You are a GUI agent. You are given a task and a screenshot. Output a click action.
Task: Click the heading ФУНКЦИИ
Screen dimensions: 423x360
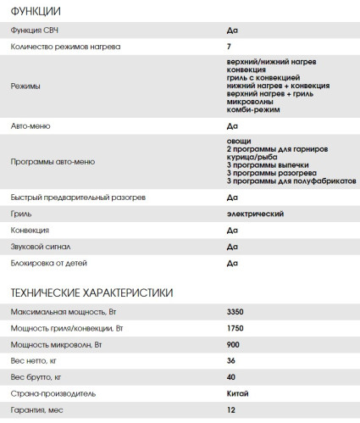[35, 11]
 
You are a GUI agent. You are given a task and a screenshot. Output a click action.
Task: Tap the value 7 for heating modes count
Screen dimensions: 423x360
[230, 47]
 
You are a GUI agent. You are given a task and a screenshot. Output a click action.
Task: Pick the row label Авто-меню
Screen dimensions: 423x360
[31, 125]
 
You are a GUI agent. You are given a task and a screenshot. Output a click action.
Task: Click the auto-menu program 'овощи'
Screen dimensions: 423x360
[240, 142]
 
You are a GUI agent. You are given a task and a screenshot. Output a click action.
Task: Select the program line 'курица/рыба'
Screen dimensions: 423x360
[253, 157]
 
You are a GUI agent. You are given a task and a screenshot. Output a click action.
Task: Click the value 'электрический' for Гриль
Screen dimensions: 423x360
[256, 213]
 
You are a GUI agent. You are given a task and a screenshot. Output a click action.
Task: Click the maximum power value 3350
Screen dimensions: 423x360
[236, 313]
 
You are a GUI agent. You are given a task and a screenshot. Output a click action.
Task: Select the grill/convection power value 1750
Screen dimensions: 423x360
[236, 329]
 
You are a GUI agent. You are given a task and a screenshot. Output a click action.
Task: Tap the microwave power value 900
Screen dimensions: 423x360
[234, 345]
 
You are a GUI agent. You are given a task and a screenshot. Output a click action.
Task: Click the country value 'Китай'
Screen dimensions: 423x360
[239, 393]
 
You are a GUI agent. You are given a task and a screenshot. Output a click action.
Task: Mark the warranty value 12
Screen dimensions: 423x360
[231, 409]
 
